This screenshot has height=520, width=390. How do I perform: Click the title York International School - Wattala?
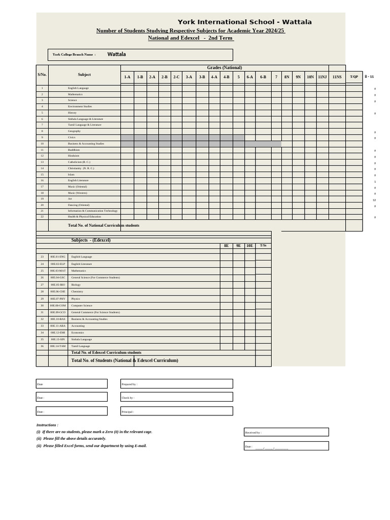[244, 22]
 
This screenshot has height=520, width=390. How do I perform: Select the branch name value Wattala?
[116, 54]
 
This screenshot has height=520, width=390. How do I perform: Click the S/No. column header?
[42, 75]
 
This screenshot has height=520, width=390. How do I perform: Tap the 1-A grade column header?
[127, 77]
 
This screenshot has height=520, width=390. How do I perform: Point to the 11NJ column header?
[322, 77]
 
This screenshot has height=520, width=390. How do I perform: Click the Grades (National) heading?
[224, 68]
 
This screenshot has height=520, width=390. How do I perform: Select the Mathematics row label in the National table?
[75, 94]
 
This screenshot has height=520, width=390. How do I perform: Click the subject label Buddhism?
[74, 150]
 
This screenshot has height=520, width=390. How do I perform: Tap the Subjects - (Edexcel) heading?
[91, 240]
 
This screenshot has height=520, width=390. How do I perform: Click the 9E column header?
[239, 246]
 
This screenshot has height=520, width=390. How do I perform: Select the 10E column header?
[250, 246]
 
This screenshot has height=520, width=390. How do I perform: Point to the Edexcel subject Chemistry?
[77, 291]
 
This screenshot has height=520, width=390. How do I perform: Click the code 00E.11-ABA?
[58, 326]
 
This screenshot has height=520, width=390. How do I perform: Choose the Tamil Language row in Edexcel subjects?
[80, 346]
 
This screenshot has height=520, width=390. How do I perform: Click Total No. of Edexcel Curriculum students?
[106, 352]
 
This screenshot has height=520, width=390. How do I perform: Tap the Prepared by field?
[176, 384]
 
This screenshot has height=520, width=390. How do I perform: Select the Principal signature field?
[176, 411]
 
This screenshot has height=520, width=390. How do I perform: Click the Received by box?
[286, 432]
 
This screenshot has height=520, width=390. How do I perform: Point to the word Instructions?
[47, 425]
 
